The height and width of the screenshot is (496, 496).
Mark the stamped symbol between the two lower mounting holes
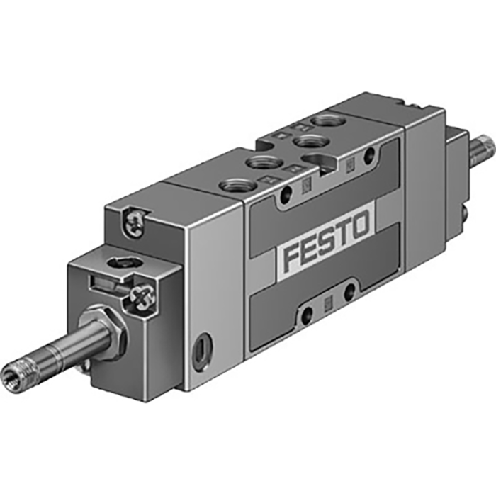327,304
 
